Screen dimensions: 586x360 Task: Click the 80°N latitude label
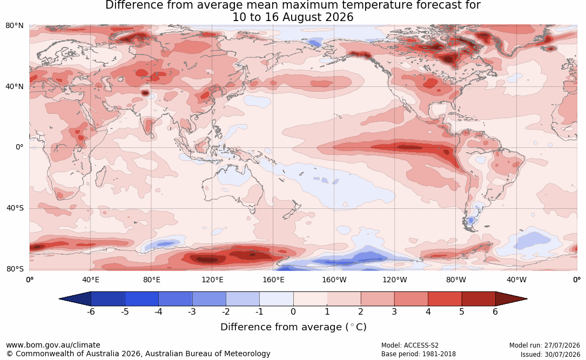pyautogui.click(x=14, y=26)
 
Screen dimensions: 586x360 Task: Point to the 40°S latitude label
pyautogui.click(x=15, y=208)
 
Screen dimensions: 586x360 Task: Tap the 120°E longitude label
pyautogui.click(x=213, y=280)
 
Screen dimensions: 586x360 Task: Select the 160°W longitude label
pyautogui.click(x=334, y=280)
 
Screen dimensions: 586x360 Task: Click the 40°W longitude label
pyautogui.click(x=516, y=280)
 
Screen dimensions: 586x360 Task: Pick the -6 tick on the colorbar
pyautogui.click(x=91, y=311)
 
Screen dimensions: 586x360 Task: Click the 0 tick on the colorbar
pyautogui.click(x=293, y=311)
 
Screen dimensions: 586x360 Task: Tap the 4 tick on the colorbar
pyautogui.click(x=428, y=311)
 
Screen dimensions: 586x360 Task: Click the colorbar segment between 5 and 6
pyautogui.click(x=479, y=299)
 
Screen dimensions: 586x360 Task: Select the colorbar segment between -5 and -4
pyautogui.click(x=142, y=299)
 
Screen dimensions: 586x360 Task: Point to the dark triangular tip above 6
pyautogui.click(x=511, y=299)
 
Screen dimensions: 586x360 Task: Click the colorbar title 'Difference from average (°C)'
pyautogui.click(x=293, y=327)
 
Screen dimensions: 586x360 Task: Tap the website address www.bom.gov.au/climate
pyautogui.click(x=53, y=345)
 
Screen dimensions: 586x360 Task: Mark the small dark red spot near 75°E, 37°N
pyautogui.click(x=145, y=92)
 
